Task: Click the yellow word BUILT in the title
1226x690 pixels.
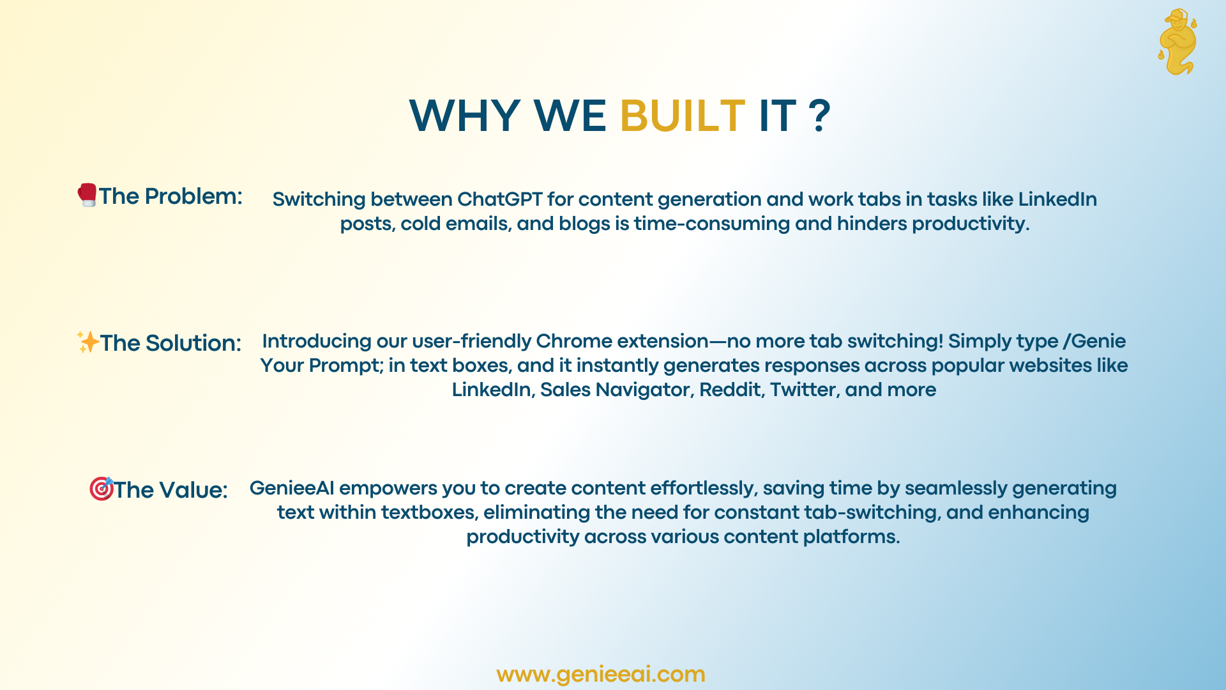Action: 682,116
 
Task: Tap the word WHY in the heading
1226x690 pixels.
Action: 464,116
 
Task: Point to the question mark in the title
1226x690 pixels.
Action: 819,116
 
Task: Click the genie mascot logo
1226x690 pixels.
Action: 1177,42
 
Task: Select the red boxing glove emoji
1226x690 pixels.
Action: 87,195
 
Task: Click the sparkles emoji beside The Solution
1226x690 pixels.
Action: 88,342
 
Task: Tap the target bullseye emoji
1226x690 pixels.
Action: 101,489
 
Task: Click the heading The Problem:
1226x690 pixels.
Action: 170,196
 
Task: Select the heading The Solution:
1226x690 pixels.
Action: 170,343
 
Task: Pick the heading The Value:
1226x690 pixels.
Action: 170,490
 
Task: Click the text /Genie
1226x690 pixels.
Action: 1094,341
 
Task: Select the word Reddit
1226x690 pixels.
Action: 732,390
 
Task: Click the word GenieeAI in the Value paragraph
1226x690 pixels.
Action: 292,488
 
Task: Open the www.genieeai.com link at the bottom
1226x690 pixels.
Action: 601,675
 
